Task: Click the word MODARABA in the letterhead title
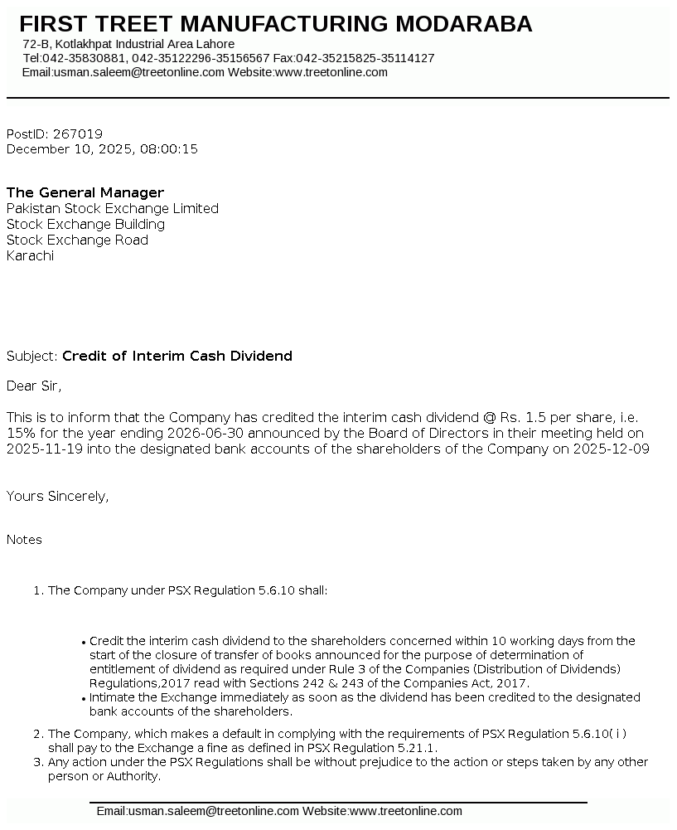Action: point(463,24)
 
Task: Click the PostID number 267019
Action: point(77,133)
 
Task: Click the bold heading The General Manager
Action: point(85,192)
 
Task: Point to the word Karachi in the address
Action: point(30,255)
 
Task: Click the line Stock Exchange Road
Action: point(77,240)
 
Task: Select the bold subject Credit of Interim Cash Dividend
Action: point(177,356)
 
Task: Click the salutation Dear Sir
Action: point(34,386)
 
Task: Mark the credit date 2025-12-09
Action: point(613,449)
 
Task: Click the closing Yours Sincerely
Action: point(57,496)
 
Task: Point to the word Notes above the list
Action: point(24,540)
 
